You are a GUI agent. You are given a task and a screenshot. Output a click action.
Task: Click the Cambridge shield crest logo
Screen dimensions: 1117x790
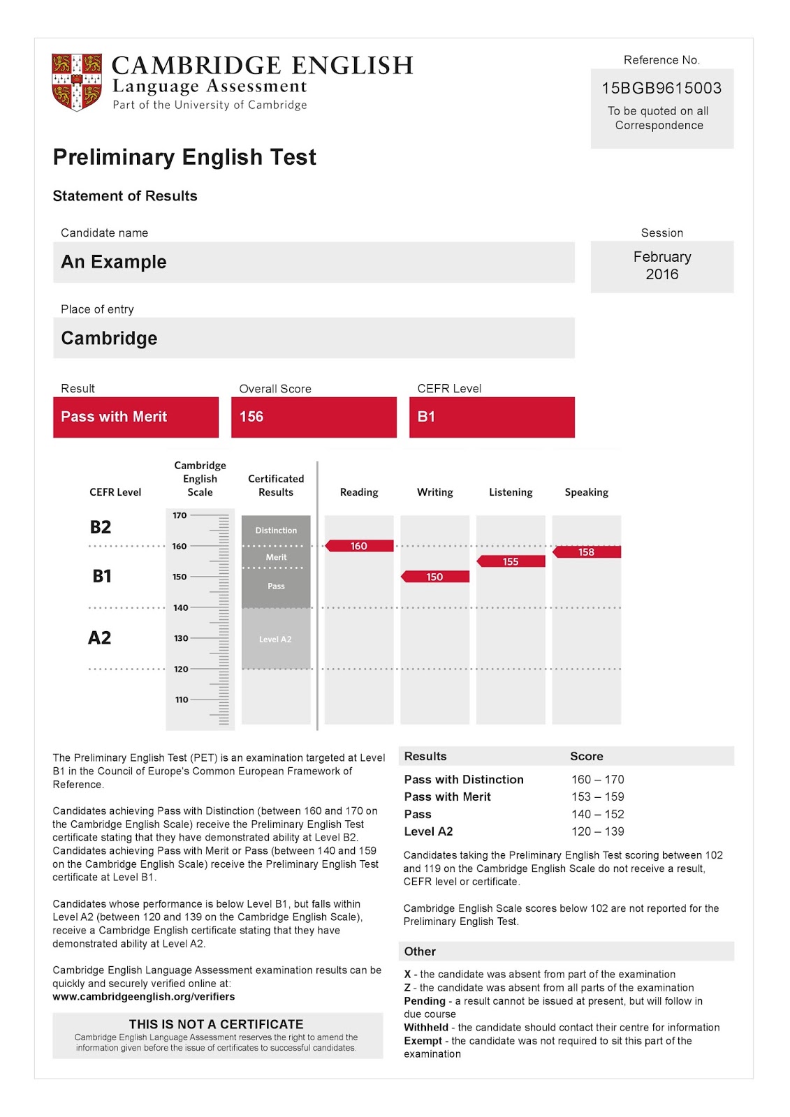tap(77, 82)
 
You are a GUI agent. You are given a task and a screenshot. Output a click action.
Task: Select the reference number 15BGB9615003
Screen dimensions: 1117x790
tap(661, 89)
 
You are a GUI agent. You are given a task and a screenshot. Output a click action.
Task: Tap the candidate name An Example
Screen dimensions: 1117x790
tap(114, 262)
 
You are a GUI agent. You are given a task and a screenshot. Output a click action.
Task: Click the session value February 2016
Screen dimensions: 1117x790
tap(662, 266)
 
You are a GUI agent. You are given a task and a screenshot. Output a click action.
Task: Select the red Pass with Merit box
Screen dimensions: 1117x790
tap(136, 417)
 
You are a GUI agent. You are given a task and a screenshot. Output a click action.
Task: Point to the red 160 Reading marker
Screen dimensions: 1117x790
tap(359, 546)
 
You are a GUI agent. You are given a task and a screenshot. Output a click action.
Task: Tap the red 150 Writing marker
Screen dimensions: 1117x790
tap(434, 577)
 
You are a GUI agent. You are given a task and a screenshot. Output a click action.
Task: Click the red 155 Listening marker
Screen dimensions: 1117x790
tap(511, 561)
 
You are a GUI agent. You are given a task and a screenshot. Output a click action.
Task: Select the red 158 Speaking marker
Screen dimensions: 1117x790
tap(587, 552)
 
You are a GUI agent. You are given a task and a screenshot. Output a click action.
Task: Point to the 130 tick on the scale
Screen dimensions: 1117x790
tap(182, 638)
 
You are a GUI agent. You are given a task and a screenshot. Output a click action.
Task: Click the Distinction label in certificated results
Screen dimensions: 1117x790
tap(276, 531)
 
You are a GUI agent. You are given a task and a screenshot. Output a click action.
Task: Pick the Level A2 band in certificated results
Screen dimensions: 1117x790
tap(275, 639)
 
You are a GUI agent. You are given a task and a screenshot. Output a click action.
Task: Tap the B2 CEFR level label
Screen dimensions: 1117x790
tap(101, 527)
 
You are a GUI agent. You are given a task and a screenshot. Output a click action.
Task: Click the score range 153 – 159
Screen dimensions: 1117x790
tap(597, 797)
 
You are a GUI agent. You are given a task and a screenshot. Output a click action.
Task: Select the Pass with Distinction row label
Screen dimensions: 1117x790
tap(464, 780)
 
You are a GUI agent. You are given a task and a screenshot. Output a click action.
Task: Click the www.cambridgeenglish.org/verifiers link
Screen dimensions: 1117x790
tap(143, 997)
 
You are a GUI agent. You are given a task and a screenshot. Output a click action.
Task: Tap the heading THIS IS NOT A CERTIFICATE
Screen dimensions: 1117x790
tap(216, 1024)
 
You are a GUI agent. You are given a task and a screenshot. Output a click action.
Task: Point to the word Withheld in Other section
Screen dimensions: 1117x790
tap(426, 1028)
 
